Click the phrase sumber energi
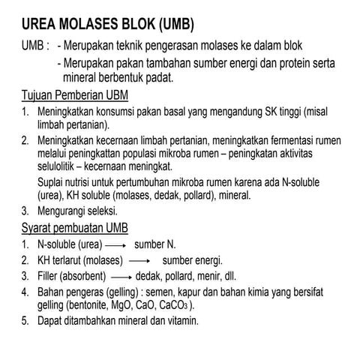click(193, 261)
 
